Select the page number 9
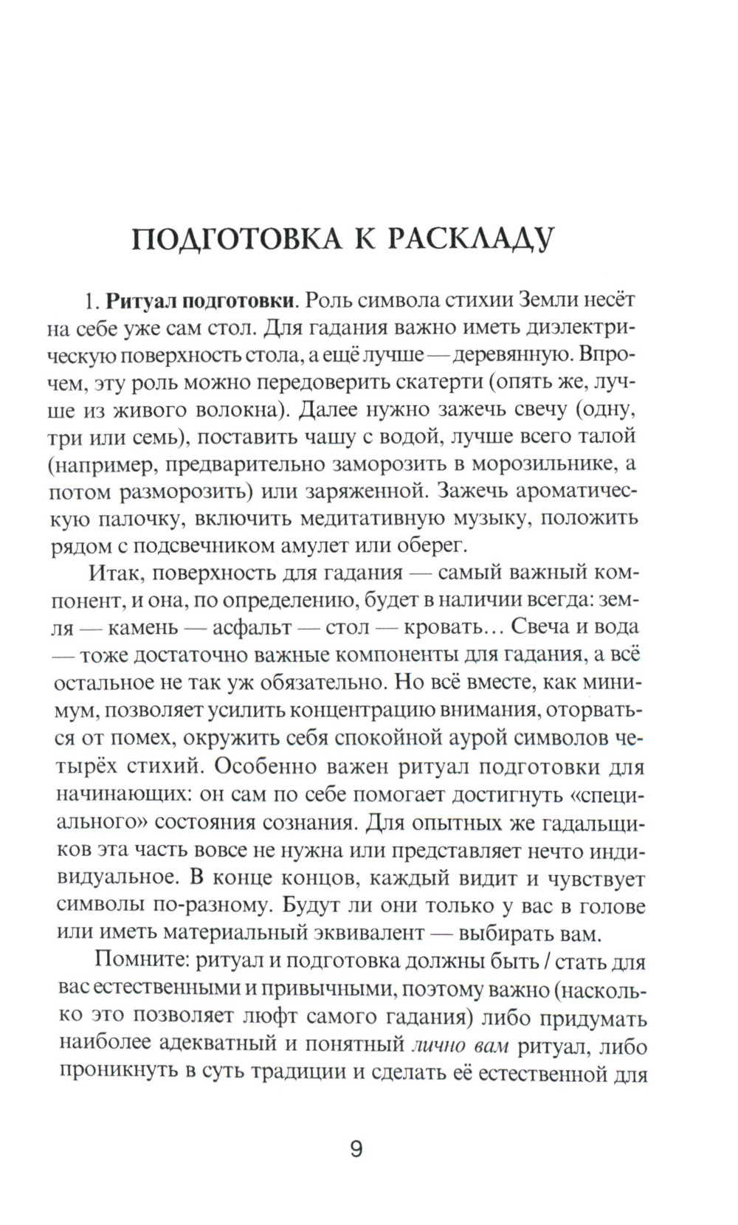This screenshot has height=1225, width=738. point(356,1150)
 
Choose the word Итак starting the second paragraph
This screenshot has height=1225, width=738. point(113,573)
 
